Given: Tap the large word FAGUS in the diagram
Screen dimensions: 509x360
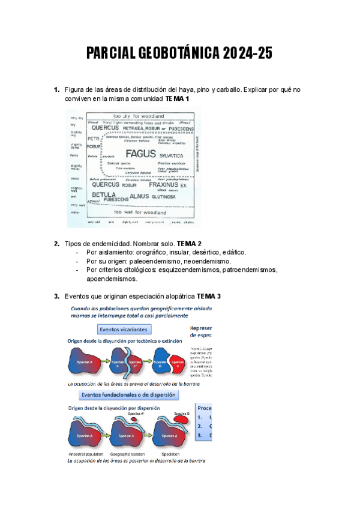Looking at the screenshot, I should pos(140,154).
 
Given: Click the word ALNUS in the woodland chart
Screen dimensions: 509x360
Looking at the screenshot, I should pos(139,196).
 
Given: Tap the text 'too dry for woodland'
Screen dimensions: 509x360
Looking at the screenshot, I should pos(137,115).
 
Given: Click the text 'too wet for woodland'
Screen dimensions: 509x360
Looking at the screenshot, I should pos(138,212).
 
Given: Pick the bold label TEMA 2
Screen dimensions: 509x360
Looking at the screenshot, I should pos(189,244).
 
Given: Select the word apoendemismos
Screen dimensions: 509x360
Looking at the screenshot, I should pos(112,279).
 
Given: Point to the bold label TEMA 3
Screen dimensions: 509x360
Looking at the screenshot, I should pos(209,297).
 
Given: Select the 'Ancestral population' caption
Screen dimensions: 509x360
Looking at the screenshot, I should pos(87,454).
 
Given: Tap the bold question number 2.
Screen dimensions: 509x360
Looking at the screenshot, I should pos(56,244).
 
